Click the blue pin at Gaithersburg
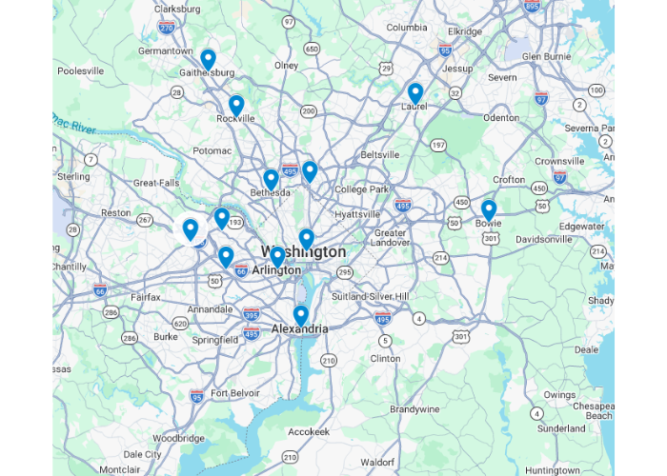coord(208,59)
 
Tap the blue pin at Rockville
coord(236,105)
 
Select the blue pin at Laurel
coord(415,92)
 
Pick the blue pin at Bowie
coord(489,208)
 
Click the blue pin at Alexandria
coord(301,314)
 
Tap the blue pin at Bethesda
coord(271,179)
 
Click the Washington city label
coord(304,252)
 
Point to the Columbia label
coord(406,28)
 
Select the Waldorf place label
coord(379,462)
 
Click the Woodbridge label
coord(179,439)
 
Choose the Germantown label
coord(165,50)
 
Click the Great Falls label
coord(156,183)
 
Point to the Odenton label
coord(501,118)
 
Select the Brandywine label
coord(414,408)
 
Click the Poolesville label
coord(80,70)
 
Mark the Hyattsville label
coord(357,214)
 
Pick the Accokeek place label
coord(308,431)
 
